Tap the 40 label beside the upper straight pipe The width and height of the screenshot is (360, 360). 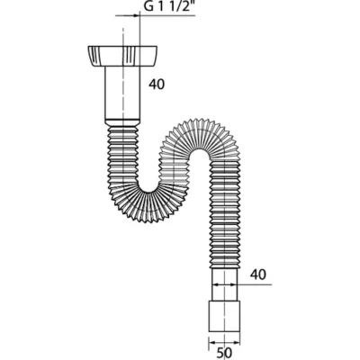pos(157,85)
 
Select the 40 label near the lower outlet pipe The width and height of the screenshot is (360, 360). pos(258,274)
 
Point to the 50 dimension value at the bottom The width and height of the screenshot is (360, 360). pos(224,353)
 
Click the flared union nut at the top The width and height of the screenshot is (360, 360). pos(122,56)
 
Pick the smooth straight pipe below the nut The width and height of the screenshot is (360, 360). pos(122,93)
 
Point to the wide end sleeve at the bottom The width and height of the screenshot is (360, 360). pos(224,315)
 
